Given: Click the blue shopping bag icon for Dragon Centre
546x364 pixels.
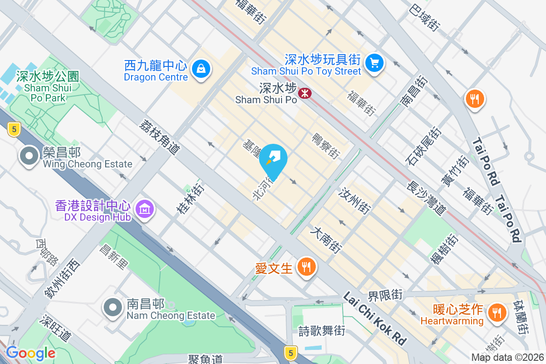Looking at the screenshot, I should tap(200, 70).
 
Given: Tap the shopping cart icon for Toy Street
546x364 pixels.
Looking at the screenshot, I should tap(374, 62).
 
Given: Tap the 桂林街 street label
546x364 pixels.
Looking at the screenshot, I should tap(191, 198).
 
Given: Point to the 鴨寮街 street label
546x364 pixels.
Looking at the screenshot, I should tap(326, 146).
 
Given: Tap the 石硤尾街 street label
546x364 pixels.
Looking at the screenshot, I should tap(424, 146).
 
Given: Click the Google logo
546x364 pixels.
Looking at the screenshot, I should tap(30, 353).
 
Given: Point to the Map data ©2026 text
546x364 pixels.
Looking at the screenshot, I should tap(507, 358).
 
